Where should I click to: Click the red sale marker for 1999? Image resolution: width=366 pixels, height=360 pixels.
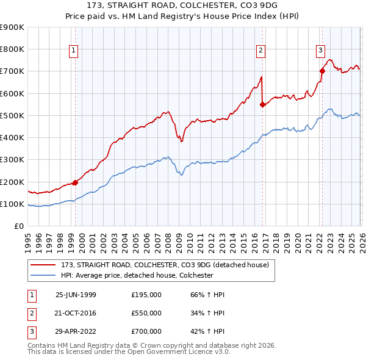coord(75,182)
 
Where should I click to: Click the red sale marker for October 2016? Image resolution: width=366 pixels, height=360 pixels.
coord(262,104)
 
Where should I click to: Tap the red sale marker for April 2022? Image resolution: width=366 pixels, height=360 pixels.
coord(321,71)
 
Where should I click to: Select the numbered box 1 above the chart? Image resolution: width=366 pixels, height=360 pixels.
coord(73,51)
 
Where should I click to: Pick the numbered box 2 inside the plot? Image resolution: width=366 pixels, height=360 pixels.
coord(260,51)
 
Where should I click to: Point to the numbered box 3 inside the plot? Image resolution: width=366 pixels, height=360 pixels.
coord(320,51)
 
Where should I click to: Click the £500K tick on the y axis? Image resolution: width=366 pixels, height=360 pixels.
coord(13,115)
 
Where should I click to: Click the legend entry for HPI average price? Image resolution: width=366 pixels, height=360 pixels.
coord(136,275)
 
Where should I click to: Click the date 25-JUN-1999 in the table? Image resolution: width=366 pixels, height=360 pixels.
coord(76,295)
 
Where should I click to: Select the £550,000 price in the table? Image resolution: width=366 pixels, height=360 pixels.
coord(146,313)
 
